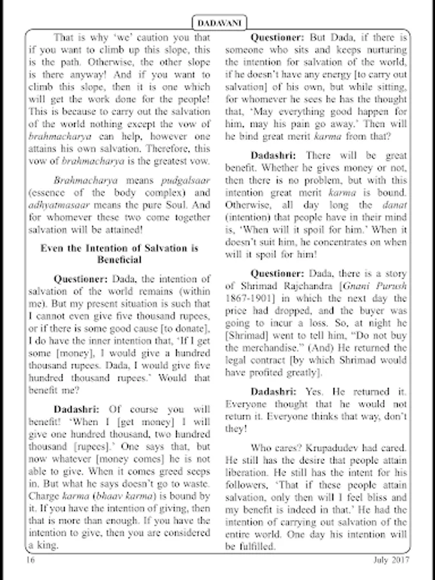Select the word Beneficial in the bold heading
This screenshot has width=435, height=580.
click(119, 259)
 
